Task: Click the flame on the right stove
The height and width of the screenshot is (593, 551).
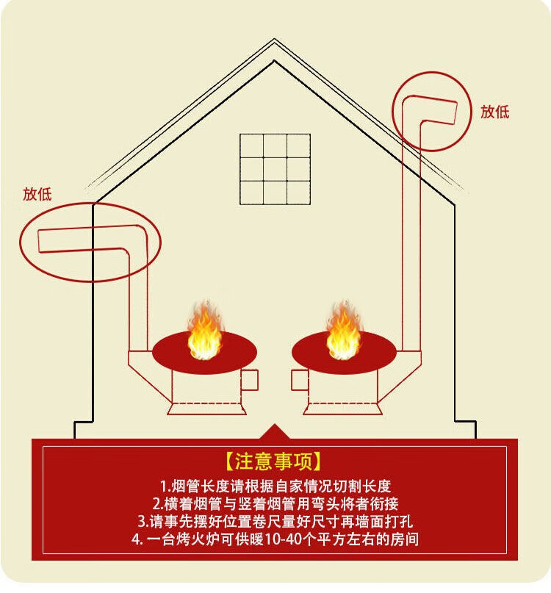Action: (343, 334)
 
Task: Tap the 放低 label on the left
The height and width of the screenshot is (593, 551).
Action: (37, 194)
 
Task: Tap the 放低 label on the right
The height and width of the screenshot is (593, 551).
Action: (495, 112)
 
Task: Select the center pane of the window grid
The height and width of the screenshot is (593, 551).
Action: (275, 168)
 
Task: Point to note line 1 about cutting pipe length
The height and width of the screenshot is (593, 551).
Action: (274, 486)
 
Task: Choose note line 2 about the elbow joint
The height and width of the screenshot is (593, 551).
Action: (274, 504)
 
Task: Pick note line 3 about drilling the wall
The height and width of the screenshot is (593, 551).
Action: (274, 522)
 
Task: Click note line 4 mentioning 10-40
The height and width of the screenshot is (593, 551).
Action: (274, 540)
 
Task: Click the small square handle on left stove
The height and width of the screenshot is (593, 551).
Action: (250, 380)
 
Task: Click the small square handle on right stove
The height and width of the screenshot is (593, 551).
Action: (299, 380)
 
